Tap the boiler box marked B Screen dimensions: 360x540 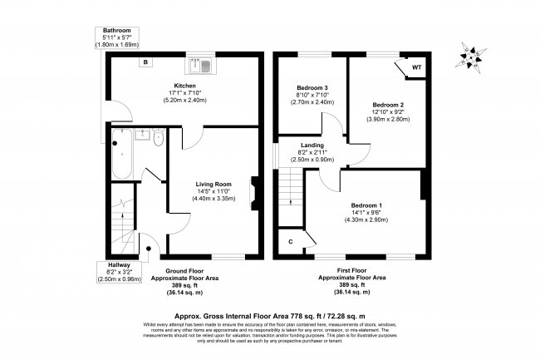(x=145, y=63)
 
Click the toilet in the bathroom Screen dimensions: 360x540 (x=158, y=137)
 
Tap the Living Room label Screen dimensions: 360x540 (x=213, y=184)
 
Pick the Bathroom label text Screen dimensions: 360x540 (x=116, y=31)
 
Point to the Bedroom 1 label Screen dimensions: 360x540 (x=366, y=205)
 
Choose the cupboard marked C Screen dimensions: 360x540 (x=290, y=241)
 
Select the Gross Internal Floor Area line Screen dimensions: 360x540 (x=270, y=306)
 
